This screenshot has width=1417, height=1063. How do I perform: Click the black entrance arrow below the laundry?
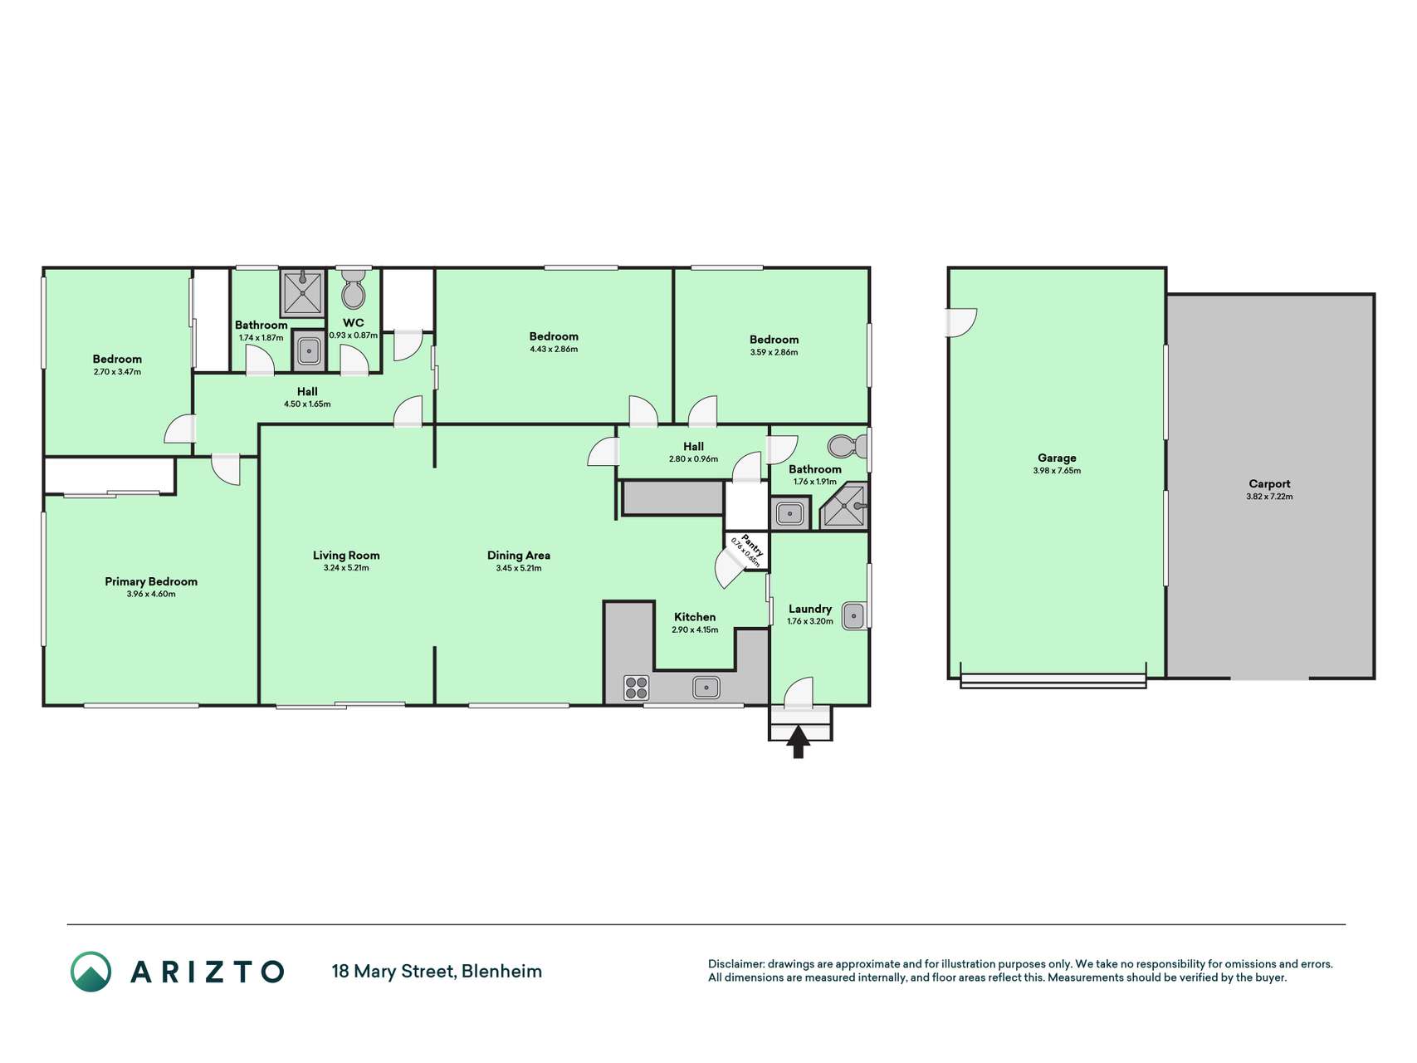[798, 742]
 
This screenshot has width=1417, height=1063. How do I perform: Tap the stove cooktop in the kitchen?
[637, 688]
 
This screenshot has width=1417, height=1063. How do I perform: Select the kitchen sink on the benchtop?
[706, 688]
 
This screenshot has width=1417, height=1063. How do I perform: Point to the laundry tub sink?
[853, 615]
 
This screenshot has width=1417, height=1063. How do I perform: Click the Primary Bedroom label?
[151, 581]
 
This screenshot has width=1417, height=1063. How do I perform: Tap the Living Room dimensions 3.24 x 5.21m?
[346, 568]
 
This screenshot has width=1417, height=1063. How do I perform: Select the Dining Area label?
[519, 556]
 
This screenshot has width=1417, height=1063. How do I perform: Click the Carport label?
[1269, 483]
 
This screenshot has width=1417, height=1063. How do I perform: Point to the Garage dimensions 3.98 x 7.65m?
[1057, 471]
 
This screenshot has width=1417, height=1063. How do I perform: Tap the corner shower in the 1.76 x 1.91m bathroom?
[844, 506]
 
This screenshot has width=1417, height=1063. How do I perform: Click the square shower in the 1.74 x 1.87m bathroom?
[302, 292]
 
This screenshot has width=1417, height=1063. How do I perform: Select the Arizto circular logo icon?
[90, 972]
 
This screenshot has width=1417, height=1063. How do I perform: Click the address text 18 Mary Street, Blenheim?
[437, 971]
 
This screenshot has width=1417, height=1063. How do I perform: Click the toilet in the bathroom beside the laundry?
[847, 447]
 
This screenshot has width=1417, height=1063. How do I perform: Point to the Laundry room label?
[810, 609]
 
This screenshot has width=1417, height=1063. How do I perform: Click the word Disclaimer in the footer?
[735, 964]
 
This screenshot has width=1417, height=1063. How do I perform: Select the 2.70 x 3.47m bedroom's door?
[180, 429]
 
